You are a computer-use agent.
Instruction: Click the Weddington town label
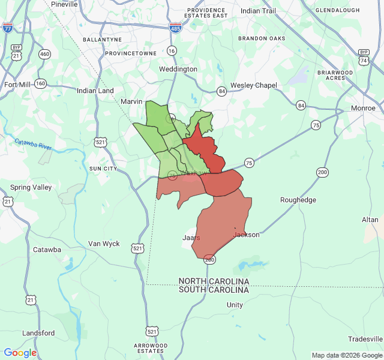178,69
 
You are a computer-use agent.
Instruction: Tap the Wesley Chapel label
254,85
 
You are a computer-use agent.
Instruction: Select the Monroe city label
363,108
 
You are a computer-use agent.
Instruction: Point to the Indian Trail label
259,11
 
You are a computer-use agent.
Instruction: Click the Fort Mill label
17,85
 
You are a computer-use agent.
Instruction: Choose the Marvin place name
131,101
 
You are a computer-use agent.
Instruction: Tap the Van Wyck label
104,244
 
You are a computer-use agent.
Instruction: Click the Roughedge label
298,200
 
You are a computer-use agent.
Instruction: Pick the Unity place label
235,305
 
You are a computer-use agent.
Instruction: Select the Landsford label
38,333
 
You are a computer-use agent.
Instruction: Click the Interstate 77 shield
8,28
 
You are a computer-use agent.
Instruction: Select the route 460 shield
44,54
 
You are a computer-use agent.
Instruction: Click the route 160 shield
40,83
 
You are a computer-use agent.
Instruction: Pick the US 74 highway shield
364,61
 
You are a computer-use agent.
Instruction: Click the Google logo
20,353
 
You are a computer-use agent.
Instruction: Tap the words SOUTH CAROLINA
214,290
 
